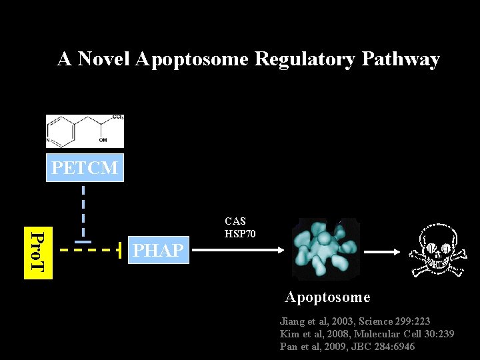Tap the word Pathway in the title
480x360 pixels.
[x=400, y=59]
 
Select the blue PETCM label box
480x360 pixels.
[x=85, y=168]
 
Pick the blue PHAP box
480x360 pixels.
[x=158, y=251]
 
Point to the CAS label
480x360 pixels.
[x=235, y=221]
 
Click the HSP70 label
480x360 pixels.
[x=240, y=234]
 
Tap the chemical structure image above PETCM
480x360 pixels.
[x=85, y=131]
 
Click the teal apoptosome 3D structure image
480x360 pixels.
[x=325, y=249]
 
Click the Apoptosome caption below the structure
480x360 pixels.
[x=327, y=297]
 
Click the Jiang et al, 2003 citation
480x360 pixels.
[x=355, y=321]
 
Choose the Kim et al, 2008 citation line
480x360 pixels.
[x=367, y=334]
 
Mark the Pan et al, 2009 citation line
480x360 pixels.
[x=347, y=347]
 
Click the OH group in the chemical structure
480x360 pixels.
[x=102, y=140]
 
